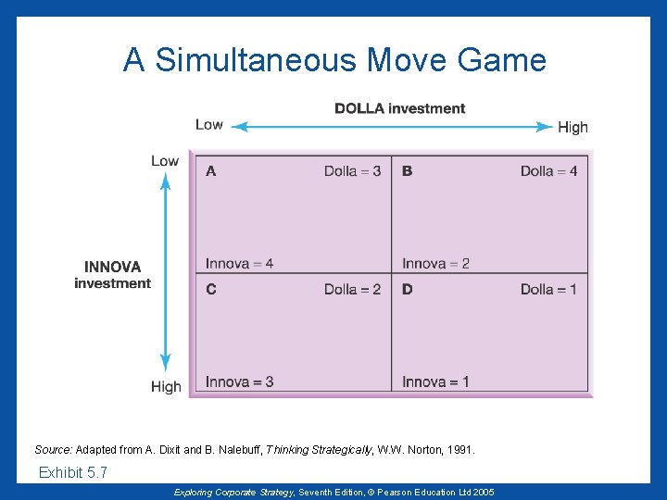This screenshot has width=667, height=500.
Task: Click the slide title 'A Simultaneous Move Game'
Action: pyautogui.click(x=334, y=60)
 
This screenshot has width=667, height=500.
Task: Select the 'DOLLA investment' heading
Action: pyautogui.click(x=399, y=108)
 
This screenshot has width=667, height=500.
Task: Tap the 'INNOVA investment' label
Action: pyautogui.click(x=112, y=275)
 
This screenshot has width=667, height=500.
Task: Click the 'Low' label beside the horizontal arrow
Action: pyautogui.click(x=209, y=125)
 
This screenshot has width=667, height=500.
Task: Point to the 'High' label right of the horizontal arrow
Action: pyautogui.click(x=573, y=127)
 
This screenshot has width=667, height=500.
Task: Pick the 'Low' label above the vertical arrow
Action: pyautogui.click(x=165, y=161)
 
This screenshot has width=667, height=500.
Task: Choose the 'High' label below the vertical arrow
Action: pyautogui.click(x=166, y=386)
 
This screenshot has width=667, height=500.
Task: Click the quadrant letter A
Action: pyautogui.click(x=211, y=171)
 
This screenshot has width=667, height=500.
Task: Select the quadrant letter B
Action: pyautogui.click(x=408, y=171)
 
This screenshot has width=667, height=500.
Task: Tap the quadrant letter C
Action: pyautogui.click(x=211, y=290)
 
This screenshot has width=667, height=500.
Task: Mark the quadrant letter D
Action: pyautogui.click(x=408, y=290)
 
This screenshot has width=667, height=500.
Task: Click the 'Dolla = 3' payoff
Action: pyautogui.click(x=352, y=171)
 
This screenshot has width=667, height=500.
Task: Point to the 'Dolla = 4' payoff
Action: pyautogui.click(x=548, y=171)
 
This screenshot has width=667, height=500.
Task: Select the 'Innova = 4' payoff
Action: pyautogui.click(x=239, y=264)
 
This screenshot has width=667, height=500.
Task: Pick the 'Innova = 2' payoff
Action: pyautogui.click(x=435, y=264)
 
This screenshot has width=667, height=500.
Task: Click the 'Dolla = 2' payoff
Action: pyautogui.click(x=352, y=290)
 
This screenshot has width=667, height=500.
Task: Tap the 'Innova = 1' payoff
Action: pyautogui.click(x=435, y=381)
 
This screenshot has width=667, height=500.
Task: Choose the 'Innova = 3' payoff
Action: pyautogui.click(x=239, y=381)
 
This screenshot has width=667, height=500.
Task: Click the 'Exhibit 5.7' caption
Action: pyautogui.click(x=73, y=473)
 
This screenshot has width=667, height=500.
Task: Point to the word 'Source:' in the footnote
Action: pyautogui.click(x=53, y=450)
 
